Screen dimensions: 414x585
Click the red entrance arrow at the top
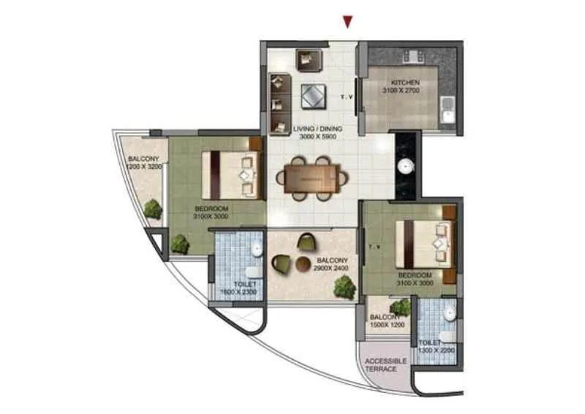tap(348, 22)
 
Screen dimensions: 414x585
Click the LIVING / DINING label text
tap(317, 129)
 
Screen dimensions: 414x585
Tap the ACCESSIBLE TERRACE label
tap(382, 364)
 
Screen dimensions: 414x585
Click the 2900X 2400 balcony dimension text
tap(331, 268)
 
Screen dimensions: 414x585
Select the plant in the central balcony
tap(344, 287)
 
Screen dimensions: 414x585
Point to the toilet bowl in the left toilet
tap(256, 250)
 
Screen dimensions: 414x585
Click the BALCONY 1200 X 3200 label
tap(143, 163)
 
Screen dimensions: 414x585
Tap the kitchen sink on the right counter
tap(448, 113)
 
